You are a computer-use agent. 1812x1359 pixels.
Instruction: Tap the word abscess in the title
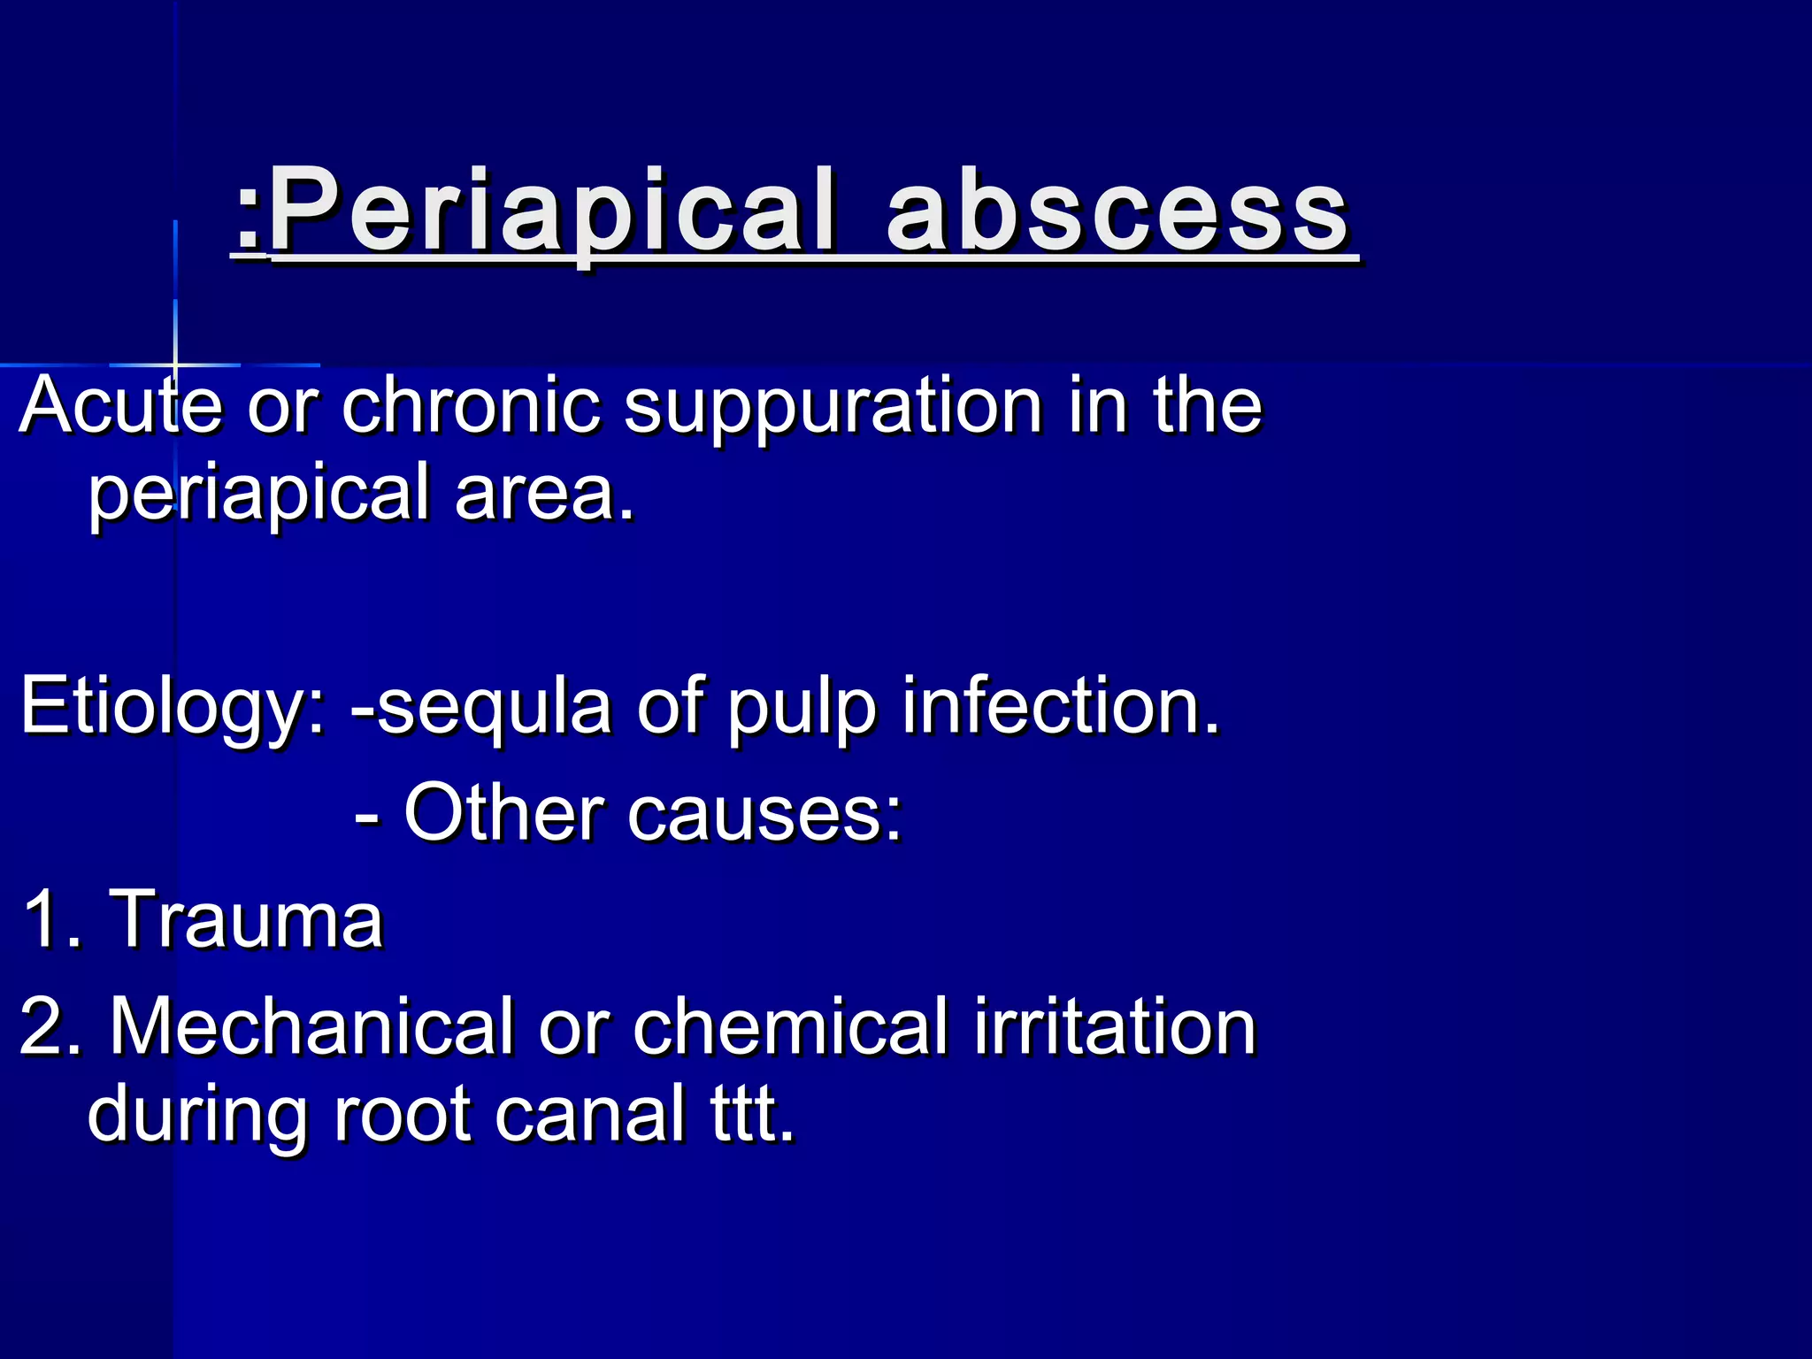coord(1118,212)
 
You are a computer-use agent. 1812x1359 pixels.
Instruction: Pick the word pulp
coord(802,708)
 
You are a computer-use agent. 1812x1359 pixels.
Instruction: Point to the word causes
coord(764,814)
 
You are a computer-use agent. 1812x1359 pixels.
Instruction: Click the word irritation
coord(1115,1026)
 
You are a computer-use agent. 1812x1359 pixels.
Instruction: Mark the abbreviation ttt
coord(752,1115)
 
